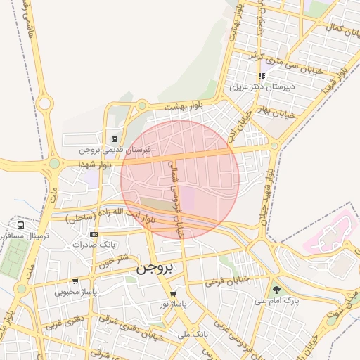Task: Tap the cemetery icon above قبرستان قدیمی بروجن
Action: pos(115,138)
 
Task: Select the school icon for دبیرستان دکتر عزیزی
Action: pos(261,76)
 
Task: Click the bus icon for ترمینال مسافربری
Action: pos(21,226)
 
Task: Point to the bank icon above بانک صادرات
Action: pos(94,233)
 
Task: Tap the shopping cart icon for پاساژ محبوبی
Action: pos(75,281)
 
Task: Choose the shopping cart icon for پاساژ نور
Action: pos(173,293)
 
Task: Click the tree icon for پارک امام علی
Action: pos(276,289)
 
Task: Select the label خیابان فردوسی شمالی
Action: pos(178,198)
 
